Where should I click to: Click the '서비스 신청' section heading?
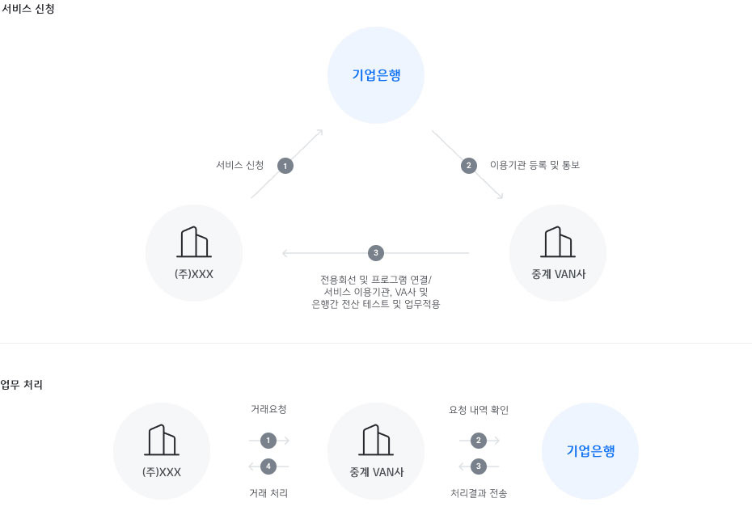click(27, 9)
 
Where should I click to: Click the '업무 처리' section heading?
click(22, 385)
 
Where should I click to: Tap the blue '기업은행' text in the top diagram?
click(377, 75)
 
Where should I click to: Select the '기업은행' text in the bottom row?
click(590, 451)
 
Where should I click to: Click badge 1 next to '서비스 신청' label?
click(285, 166)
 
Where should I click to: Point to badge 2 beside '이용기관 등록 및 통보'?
click(468, 166)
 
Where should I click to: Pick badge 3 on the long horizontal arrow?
click(376, 253)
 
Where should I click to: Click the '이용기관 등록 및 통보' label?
click(534, 165)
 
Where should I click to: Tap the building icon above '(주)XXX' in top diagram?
click(194, 242)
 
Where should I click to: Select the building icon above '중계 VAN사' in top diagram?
click(558, 242)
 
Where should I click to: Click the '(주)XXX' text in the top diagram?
click(194, 274)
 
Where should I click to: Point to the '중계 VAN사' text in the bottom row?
click(377, 472)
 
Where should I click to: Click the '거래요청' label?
click(268, 409)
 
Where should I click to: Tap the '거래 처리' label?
click(268, 493)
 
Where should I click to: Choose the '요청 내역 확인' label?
click(479, 410)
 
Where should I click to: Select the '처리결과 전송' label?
click(479, 493)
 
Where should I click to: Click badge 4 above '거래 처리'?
click(268, 467)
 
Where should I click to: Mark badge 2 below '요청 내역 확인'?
click(478, 441)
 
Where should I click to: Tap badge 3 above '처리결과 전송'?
click(478, 467)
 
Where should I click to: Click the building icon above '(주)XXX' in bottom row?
click(162, 440)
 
